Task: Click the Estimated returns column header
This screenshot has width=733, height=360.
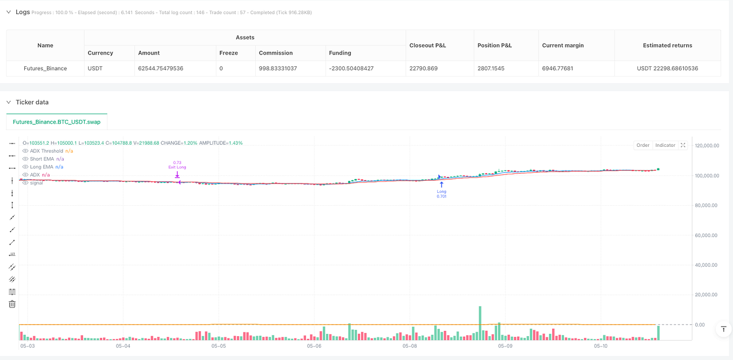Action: coord(667,45)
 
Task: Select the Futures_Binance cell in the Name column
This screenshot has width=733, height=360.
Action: coord(45,69)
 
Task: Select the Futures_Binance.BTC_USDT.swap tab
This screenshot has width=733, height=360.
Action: coord(57,122)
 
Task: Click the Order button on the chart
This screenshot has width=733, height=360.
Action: coord(643,145)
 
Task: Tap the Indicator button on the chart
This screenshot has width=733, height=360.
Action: coord(665,145)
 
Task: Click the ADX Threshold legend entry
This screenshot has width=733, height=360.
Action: coord(46,151)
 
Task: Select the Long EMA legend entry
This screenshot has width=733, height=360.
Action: coord(41,167)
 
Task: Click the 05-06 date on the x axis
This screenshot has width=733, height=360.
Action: coord(314,346)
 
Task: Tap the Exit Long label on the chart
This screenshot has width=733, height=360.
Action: coord(177,167)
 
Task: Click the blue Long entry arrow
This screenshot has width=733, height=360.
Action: coord(442,184)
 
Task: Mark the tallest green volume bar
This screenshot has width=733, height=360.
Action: coord(479,323)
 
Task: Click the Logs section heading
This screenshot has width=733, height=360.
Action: coord(23,12)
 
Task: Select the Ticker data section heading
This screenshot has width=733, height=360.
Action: coord(32,102)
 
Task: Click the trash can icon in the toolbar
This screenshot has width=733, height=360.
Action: coord(12,304)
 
